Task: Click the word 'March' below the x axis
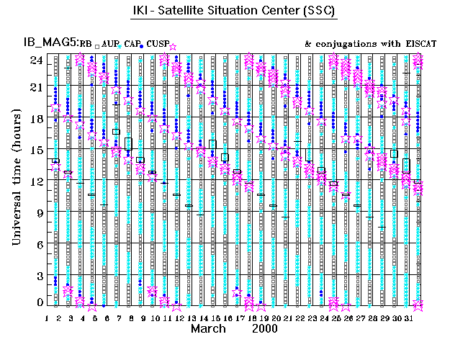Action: point(208,328)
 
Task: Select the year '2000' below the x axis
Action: point(267,328)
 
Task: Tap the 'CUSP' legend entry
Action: point(157,45)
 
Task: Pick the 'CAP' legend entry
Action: point(130,45)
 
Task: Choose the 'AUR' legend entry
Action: point(109,45)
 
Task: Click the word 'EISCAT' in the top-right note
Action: point(416,45)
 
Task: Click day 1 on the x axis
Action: point(48,318)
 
